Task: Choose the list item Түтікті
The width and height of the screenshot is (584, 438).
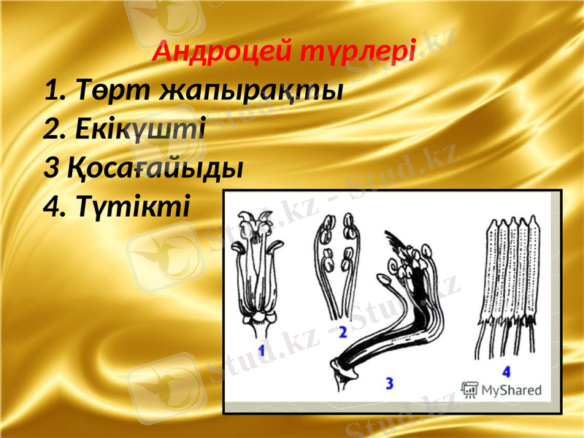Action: [x=127, y=207]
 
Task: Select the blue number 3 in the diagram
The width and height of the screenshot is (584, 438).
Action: [x=388, y=382]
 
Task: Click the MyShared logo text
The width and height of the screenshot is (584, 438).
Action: [x=515, y=391]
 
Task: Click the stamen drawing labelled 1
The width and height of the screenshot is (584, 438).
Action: [x=255, y=270]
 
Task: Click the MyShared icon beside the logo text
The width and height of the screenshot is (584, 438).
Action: [x=469, y=390]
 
